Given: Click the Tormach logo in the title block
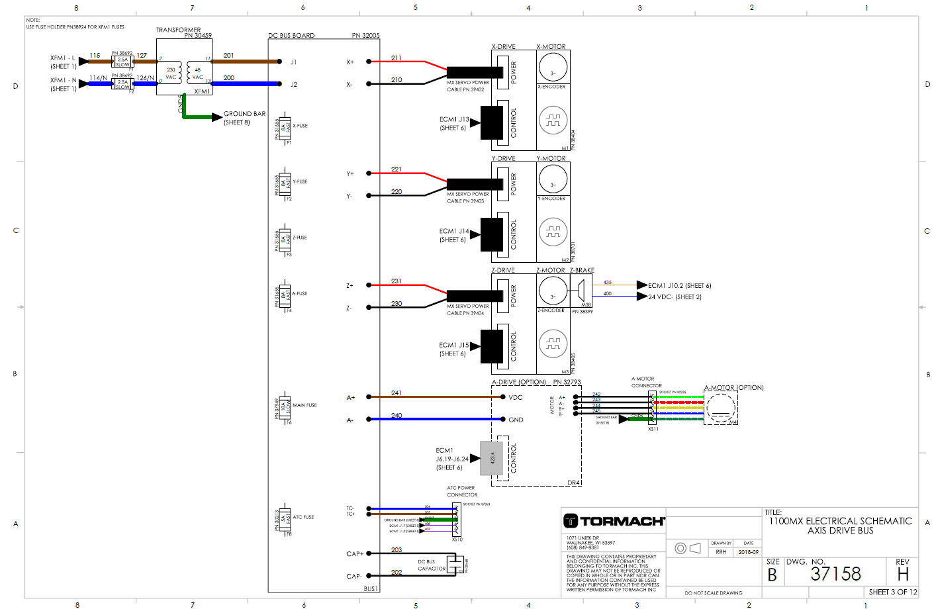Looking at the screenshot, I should click(x=613, y=521).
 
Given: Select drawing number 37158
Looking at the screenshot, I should click(x=835, y=574).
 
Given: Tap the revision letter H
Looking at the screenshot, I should click(x=903, y=574).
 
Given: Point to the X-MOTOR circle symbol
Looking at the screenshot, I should click(x=553, y=66).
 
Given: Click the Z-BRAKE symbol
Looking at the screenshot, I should click(x=581, y=290).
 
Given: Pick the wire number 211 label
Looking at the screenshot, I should click(x=396, y=58).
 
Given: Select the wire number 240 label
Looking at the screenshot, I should click(x=396, y=416).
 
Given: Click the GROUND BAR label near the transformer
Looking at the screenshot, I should click(x=244, y=114).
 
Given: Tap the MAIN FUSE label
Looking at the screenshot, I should click(x=304, y=405).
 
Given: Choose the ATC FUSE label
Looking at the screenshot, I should click(x=303, y=517).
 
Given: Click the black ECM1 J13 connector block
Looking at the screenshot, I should click(x=492, y=122).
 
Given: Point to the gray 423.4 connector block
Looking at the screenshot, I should click(x=492, y=458).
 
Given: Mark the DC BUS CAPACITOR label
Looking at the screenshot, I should click(x=432, y=565).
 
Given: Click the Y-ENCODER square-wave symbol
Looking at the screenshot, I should click(x=553, y=232).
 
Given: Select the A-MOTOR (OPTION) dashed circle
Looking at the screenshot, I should click(x=721, y=408).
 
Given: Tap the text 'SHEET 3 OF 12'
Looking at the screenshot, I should click(x=892, y=592).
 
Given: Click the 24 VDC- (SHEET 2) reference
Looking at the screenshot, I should click(x=675, y=297).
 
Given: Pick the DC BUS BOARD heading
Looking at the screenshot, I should click(x=291, y=36).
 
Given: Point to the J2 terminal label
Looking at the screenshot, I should click(x=294, y=85).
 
